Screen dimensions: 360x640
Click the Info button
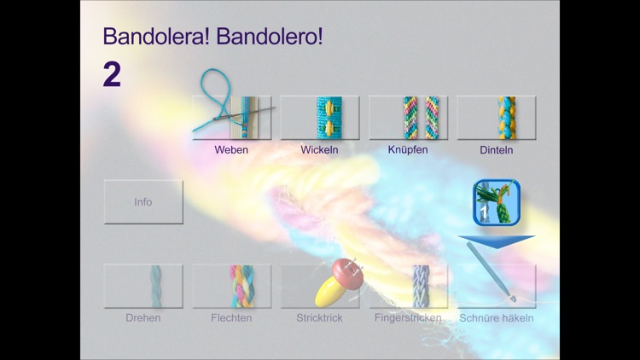coord(143,201)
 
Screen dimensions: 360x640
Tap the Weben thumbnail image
coord(232,118)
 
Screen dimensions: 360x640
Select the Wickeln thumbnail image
coord(320,118)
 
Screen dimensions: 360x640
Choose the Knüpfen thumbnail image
coord(408,118)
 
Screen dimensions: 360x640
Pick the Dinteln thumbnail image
coord(496,118)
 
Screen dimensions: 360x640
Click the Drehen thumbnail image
coord(143,286)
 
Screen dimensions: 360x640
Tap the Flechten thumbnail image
coord(232,286)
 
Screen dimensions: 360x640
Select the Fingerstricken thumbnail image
coord(408,286)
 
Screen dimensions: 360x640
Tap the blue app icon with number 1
coord(496,203)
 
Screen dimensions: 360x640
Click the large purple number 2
coord(112,75)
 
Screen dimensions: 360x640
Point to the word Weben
coord(232,150)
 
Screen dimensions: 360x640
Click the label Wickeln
coord(320,150)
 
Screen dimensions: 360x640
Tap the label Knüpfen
coord(408,149)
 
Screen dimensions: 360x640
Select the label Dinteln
coord(496,150)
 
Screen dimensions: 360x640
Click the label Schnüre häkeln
coord(496,318)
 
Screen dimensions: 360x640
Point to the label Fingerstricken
coord(408,318)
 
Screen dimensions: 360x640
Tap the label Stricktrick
coord(320,318)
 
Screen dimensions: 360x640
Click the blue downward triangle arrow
coord(496,241)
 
